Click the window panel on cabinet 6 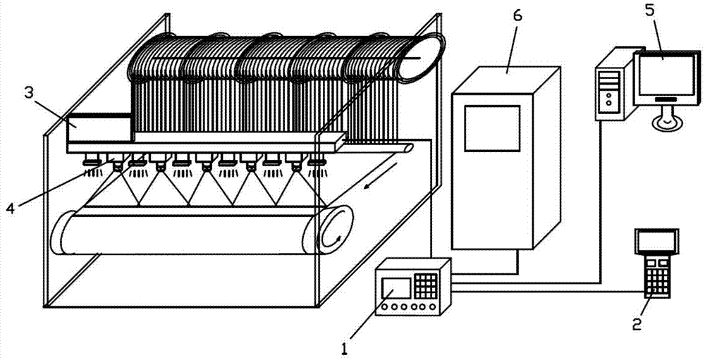pos(492,128)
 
